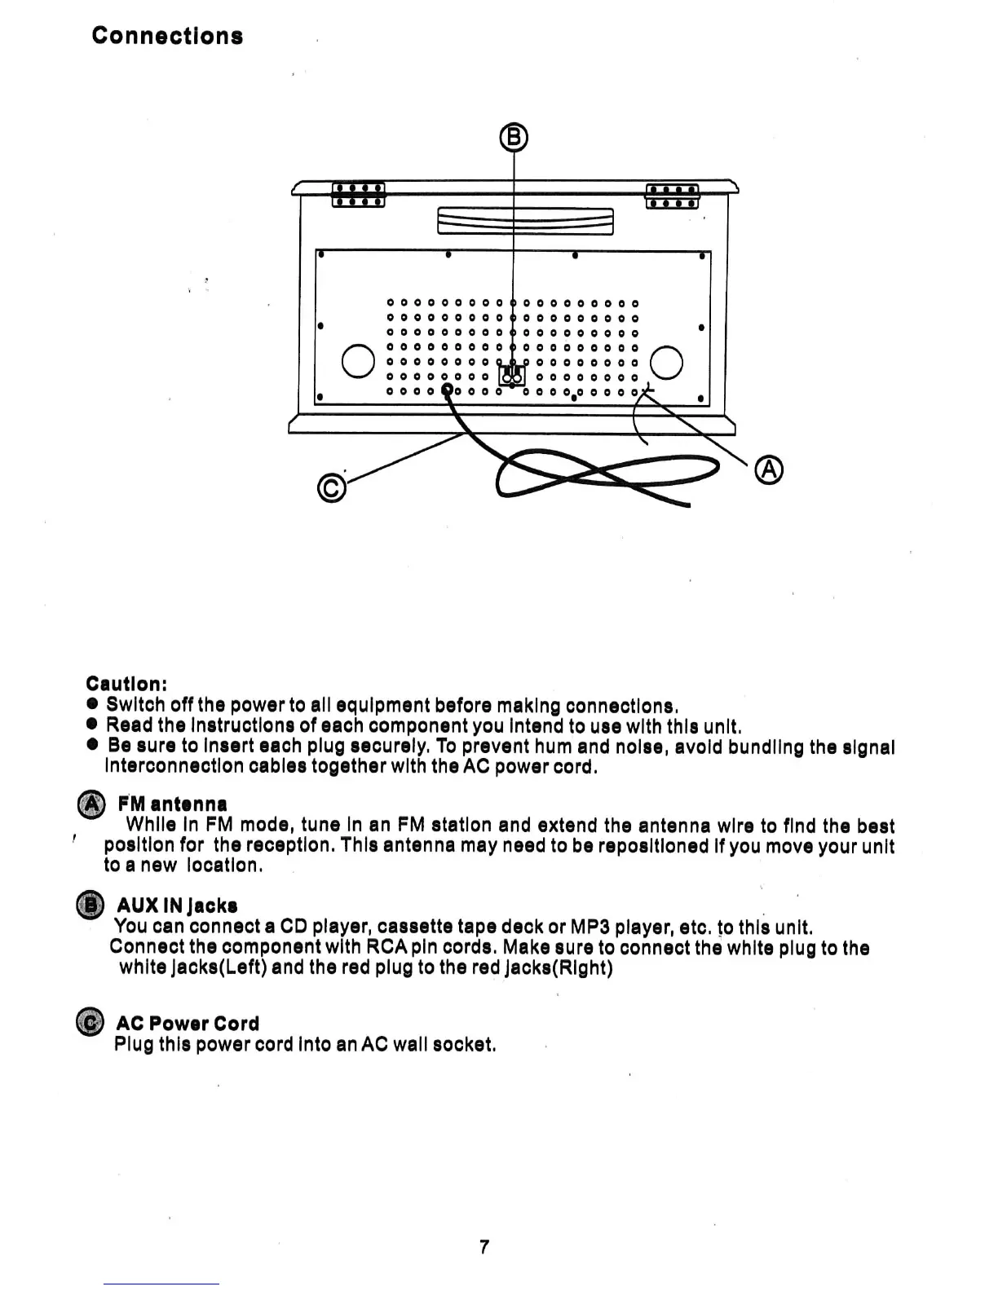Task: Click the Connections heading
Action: click(167, 36)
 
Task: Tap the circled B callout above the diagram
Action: click(514, 137)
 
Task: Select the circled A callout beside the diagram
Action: click(769, 470)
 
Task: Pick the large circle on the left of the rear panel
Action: click(357, 362)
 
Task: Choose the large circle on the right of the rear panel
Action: click(666, 362)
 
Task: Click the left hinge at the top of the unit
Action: click(358, 195)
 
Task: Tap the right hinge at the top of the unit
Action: click(672, 196)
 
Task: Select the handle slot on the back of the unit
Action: click(525, 220)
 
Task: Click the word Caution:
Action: click(126, 683)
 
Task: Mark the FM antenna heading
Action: click(172, 804)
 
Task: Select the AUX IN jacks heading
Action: click(177, 905)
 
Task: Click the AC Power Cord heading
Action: click(188, 1024)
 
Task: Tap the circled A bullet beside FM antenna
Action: click(91, 804)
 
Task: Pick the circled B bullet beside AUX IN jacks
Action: click(90, 905)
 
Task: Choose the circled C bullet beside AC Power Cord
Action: click(90, 1023)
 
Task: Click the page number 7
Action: click(484, 1246)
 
